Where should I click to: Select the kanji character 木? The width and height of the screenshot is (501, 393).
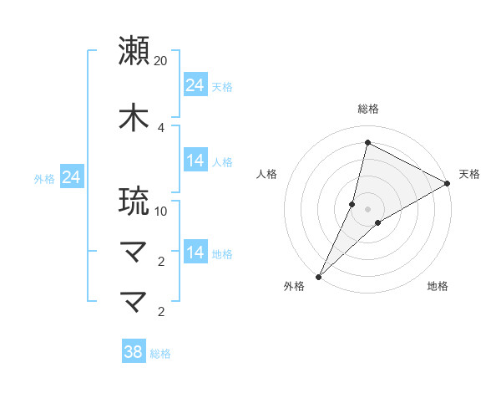point(134,116)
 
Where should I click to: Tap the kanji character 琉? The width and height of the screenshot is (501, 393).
point(134,201)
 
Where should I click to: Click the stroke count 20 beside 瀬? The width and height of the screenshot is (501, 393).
point(161,61)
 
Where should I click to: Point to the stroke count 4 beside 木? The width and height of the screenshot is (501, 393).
point(161,127)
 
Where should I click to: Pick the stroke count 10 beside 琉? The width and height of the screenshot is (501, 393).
point(161,212)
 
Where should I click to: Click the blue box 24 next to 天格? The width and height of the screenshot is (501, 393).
point(195,84)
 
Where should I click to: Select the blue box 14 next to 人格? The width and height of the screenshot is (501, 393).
point(195,161)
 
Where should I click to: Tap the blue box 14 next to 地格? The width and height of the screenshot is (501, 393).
point(195,253)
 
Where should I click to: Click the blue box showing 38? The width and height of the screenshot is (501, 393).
point(133,352)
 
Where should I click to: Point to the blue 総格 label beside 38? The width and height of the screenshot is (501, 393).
point(160,354)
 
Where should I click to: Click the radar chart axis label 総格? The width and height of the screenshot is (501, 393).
point(367,109)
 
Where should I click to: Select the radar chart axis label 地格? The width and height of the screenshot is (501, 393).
point(438,286)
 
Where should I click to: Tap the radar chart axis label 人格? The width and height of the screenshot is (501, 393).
point(266,174)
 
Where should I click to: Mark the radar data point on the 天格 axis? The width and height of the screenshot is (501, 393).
point(448,183)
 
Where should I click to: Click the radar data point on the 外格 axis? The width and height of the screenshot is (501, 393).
point(318,276)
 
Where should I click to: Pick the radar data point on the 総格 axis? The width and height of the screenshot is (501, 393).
point(367,141)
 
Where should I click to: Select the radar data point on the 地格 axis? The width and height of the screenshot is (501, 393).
point(378,222)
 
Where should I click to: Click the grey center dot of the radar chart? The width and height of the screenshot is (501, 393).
point(367,208)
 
